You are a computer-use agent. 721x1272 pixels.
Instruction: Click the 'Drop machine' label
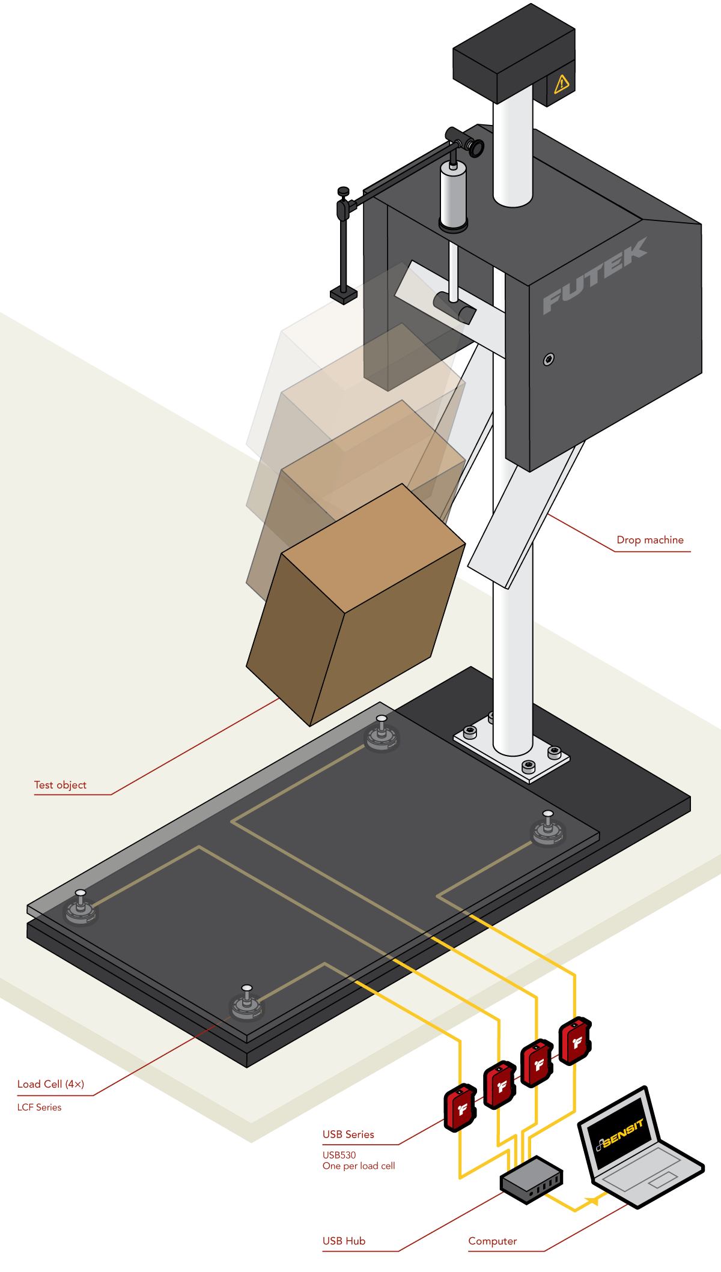coord(650,540)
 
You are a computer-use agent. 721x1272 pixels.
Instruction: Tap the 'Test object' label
coord(60,785)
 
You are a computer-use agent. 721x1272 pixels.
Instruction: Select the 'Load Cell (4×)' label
coord(50,1084)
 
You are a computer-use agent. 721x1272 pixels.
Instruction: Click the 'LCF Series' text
coord(39,1107)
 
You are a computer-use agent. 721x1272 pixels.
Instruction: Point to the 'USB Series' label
coord(348,1134)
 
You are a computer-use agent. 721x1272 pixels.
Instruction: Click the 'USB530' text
coord(339,1155)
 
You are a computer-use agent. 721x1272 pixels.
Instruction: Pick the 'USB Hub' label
coord(344,1241)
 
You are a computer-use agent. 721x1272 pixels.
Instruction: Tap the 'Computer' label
coord(492,1241)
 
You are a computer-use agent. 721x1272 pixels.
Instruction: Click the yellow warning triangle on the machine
coord(562,83)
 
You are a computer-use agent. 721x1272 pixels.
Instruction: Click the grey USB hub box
coord(531,1180)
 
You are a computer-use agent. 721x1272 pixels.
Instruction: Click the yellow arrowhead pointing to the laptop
coord(592,1201)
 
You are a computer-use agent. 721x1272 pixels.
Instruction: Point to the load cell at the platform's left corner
coord(81,908)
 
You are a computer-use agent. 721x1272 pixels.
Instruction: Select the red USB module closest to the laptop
coord(575,1041)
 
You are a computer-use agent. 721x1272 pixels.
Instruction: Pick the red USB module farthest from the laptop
coord(460,1108)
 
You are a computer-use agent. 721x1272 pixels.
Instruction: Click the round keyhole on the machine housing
coord(549,359)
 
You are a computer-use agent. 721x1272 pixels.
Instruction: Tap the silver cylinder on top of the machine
coord(453,195)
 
